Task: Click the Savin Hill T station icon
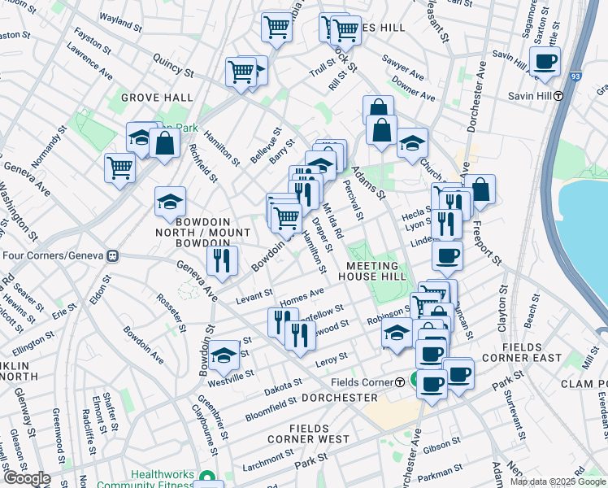(558, 95)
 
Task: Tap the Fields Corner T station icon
(400, 382)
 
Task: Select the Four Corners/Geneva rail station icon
(113, 255)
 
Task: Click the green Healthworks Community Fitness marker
(208, 478)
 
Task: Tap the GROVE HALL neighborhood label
(157, 98)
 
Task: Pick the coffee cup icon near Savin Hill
(545, 61)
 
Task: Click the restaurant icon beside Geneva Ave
(221, 260)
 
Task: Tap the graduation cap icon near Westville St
(224, 355)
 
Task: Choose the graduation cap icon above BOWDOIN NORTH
(171, 201)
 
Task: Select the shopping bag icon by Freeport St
(480, 189)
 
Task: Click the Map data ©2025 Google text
(558, 481)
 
